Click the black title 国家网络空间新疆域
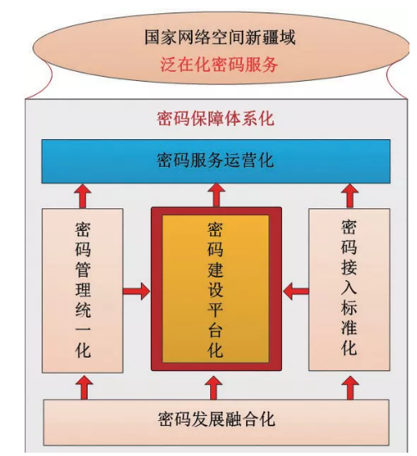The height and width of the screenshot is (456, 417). pos(220,38)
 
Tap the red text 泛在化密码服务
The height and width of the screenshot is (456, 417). pos(219,64)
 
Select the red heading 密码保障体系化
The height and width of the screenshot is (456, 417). pos(216,118)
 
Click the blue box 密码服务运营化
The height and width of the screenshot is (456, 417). pos(216,162)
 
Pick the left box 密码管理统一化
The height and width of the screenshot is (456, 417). pos(83,291)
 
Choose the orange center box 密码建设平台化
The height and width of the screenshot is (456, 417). pos(216,288)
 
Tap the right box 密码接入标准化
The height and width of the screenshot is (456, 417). pos(349,289)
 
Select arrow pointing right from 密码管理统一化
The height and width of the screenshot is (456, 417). pos(137,291)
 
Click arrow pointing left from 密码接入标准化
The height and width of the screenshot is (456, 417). pos(296,291)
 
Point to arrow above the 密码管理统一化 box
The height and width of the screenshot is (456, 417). pos(83,196)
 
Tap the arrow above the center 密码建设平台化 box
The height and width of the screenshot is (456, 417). pos(216,195)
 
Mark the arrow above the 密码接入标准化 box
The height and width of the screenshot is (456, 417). pos(349,196)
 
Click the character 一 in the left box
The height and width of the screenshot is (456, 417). pos(83,329)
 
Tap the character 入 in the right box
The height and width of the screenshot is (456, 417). pos(349,287)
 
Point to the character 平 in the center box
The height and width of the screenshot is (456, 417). pos(215,308)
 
